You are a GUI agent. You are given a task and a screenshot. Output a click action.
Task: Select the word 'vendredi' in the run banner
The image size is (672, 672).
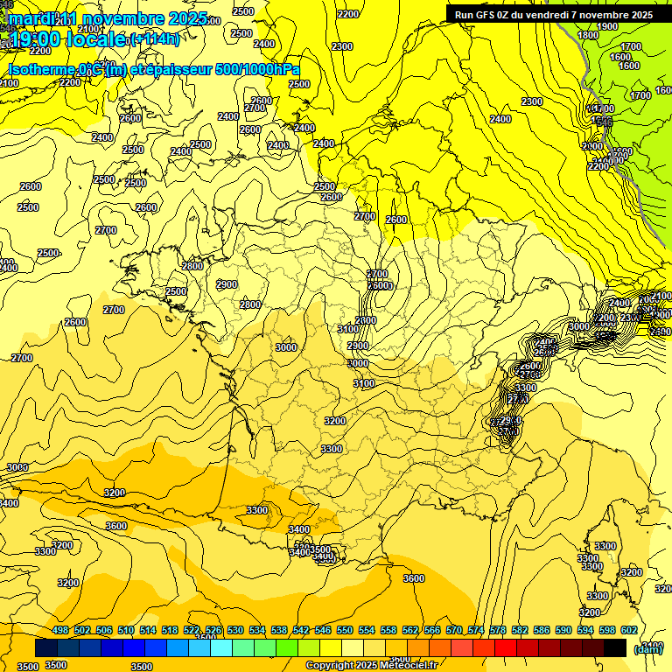click(550, 14)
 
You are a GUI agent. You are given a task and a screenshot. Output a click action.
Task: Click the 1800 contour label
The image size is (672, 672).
click(588, 35)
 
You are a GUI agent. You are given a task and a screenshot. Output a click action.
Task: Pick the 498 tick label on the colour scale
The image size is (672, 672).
click(60, 631)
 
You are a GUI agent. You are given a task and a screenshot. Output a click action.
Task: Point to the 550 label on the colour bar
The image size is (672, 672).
click(345, 631)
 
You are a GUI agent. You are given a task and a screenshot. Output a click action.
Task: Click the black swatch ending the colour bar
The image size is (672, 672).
click(615, 648)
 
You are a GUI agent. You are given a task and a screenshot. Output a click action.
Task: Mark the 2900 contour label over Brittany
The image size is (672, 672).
click(226, 284)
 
